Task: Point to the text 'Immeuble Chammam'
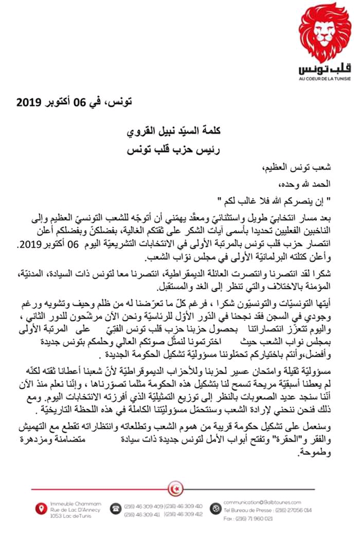(68, 503)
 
